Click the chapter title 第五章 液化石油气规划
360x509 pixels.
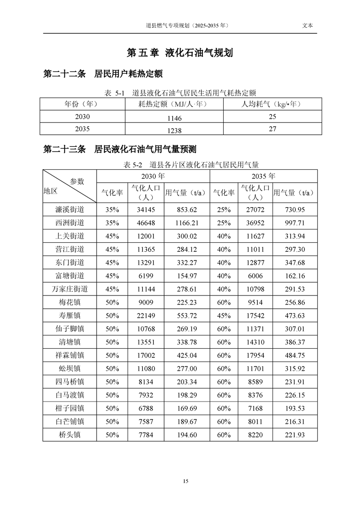[180, 53]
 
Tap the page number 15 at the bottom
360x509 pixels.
[185, 481]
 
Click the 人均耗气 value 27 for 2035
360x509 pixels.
[273, 129]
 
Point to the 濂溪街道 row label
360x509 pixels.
[70, 209]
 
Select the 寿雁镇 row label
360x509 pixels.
[70, 316]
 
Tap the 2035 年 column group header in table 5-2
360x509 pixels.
[263, 176]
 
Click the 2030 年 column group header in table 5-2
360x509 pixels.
[153, 176]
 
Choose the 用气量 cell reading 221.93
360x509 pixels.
[295, 435]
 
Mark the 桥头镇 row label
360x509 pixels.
[70, 435]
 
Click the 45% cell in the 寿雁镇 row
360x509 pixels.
[224, 316]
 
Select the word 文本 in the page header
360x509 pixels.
[308, 26]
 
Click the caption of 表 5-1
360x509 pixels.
[180, 93]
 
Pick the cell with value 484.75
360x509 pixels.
[295, 355]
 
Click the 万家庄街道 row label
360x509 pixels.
[70, 289]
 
